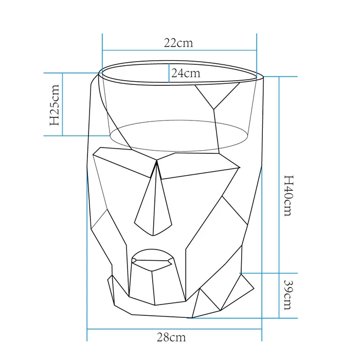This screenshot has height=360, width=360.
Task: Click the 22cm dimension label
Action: point(178,43)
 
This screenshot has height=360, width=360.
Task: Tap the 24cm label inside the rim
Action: point(186,73)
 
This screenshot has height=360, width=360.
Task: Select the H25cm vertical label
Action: point(55,105)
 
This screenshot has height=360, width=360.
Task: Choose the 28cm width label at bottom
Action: point(171,337)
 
